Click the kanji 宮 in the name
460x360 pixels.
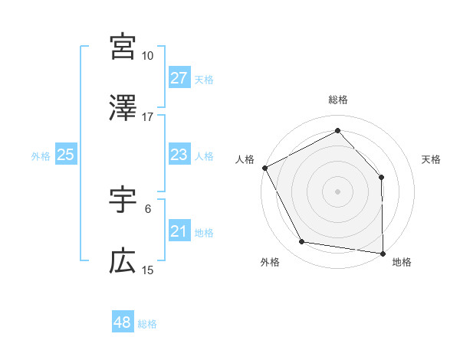(123, 46)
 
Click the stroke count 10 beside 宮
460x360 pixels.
(148, 56)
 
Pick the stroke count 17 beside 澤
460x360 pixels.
(148, 117)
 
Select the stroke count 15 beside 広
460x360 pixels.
(148, 270)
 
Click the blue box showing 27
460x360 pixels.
(179, 78)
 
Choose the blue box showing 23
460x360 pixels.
(179, 155)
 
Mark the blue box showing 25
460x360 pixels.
(65, 155)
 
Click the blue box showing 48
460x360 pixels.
(123, 322)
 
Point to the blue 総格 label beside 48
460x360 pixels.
(147, 324)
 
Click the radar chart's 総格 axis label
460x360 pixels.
(338, 100)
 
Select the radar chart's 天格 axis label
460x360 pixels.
(432, 159)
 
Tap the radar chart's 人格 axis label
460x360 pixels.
(245, 159)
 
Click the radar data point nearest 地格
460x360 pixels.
(383, 253)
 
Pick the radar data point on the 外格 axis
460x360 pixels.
(302, 243)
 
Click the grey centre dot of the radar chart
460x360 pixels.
(338, 191)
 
